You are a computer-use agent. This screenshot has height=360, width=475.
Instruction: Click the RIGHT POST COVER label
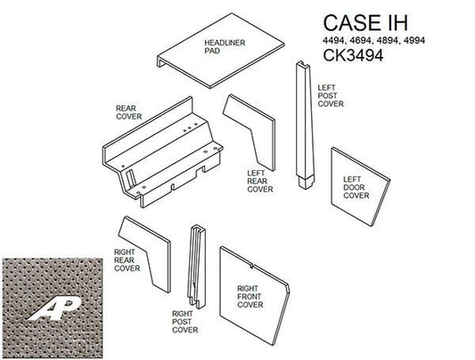click(184, 321)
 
